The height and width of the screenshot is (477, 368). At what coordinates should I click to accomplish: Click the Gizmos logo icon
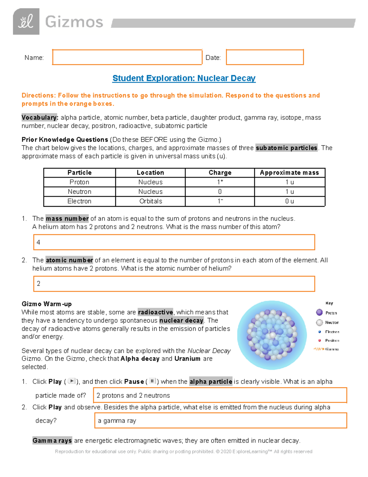(x=26, y=22)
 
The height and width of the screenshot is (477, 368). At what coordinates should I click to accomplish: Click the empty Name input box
(x=127, y=57)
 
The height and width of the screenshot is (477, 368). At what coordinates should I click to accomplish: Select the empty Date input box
(x=265, y=57)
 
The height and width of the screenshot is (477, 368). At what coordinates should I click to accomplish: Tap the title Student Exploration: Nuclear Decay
(x=184, y=78)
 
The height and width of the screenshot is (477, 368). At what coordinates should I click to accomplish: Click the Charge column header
(x=220, y=173)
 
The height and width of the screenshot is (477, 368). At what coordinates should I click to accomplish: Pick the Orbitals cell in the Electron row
(x=150, y=201)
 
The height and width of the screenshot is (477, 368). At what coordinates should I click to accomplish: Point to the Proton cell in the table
(x=79, y=182)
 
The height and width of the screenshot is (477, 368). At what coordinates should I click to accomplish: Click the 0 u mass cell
(x=289, y=201)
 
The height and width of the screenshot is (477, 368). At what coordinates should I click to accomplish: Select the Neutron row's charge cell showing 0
(x=220, y=192)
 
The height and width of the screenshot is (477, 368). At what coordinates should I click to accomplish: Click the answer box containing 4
(x=174, y=242)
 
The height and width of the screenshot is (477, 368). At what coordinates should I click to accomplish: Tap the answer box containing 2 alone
(x=174, y=283)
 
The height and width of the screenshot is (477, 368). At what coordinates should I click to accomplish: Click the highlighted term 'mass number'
(x=67, y=218)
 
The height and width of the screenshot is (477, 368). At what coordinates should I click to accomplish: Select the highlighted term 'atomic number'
(x=69, y=260)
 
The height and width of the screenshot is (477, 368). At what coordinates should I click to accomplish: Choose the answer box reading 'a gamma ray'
(x=220, y=420)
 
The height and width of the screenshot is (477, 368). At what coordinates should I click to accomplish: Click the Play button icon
(x=71, y=381)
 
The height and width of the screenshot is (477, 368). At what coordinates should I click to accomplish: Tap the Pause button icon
(x=152, y=381)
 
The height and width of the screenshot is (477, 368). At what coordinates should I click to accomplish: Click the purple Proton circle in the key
(x=319, y=312)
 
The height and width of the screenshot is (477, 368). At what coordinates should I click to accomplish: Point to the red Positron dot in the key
(x=320, y=340)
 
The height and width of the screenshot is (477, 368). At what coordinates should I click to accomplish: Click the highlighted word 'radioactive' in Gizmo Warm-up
(x=155, y=312)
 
